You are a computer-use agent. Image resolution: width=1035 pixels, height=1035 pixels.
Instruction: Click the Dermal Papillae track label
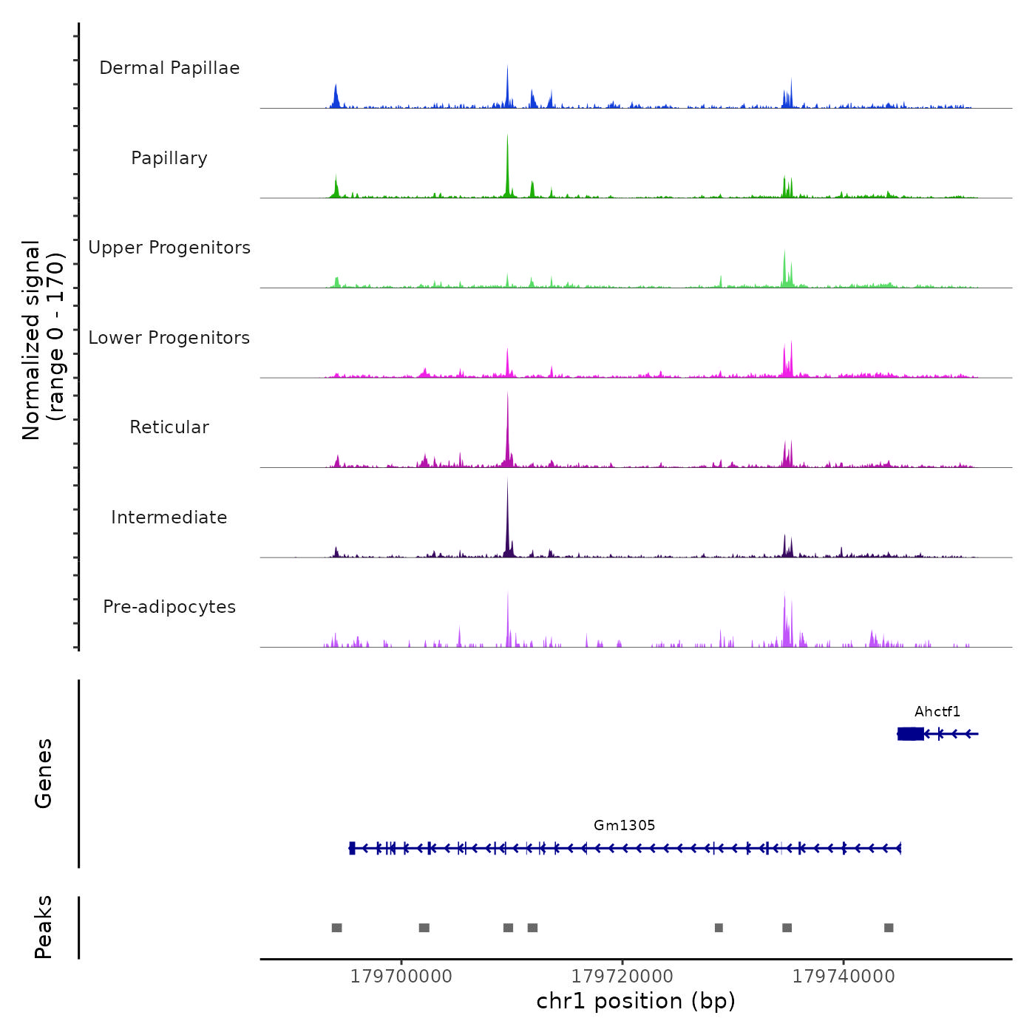(169, 68)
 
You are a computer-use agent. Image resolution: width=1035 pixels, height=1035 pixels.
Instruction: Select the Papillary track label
(169, 158)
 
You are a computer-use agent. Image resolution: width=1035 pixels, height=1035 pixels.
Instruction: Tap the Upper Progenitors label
(169, 248)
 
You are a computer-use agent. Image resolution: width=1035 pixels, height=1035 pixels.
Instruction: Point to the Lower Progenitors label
(169, 338)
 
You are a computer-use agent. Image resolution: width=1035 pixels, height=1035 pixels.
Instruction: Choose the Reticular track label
(169, 427)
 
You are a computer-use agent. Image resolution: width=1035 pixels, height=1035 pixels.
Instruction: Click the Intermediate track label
(169, 517)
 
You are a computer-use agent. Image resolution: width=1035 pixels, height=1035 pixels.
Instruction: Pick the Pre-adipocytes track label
(169, 607)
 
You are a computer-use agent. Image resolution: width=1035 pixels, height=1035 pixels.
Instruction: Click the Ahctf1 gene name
(937, 712)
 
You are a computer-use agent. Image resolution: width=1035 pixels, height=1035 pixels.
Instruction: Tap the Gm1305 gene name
(625, 826)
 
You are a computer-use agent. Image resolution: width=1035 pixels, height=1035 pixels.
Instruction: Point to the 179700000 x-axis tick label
(401, 977)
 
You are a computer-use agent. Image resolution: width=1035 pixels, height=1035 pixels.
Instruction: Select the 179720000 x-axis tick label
(622, 977)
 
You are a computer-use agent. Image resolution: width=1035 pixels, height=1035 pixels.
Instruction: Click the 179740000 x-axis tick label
(844, 977)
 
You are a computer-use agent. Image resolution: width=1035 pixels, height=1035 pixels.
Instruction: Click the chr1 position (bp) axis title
(636, 1002)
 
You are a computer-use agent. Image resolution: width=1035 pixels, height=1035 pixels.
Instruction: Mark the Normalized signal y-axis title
(43, 340)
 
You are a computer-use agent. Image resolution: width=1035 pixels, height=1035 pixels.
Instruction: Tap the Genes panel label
(44, 773)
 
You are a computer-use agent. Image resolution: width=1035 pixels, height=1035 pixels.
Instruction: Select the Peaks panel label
(44, 927)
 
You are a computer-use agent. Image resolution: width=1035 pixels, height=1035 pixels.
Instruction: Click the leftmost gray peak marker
(337, 928)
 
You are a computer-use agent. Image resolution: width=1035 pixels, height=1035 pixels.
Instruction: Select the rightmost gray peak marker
(889, 928)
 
